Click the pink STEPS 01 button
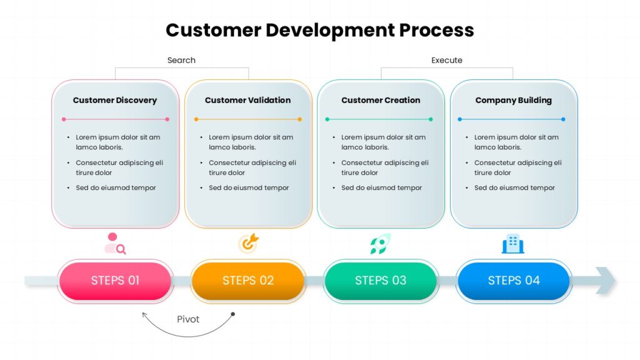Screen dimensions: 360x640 (x=115, y=281)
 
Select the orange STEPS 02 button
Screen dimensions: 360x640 (x=248, y=281)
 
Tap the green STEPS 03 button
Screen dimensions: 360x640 (x=381, y=281)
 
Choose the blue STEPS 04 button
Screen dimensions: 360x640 (x=514, y=281)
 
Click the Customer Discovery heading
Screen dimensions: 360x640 (x=115, y=100)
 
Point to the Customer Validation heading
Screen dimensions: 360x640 (x=247, y=100)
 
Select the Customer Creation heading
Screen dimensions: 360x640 (x=381, y=100)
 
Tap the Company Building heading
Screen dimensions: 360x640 (x=513, y=100)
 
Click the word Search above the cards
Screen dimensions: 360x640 (x=181, y=61)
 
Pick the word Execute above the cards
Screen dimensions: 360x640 (x=447, y=61)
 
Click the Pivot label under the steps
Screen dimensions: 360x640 (x=188, y=319)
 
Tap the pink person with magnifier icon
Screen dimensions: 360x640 (x=115, y=244)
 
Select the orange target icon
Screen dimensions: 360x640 (x=248, y=244)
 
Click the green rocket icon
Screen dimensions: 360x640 (x=380, y=244)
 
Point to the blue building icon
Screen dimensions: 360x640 (x=513, y=244)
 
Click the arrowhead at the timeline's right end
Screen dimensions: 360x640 (x=606, y=280)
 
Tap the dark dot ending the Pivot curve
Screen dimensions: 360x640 (x=232, y=314)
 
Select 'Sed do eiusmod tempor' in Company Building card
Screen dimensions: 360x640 (x=514, y=187)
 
